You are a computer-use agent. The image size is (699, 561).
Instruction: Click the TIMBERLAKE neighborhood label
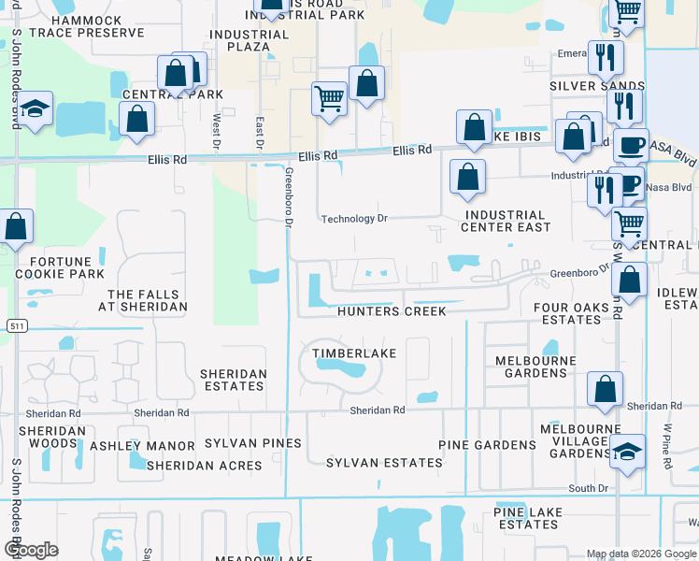[x=353, y=353]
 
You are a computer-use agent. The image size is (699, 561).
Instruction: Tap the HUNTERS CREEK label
[x=392, y=311]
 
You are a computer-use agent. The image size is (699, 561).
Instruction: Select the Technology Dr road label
[x=353, y=219]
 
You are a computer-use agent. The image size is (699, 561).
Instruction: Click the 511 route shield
[x=15, y=325]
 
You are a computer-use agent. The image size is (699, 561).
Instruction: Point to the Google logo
[x=31, y=550]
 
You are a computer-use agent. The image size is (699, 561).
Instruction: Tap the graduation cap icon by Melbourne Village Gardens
[x=627, y=453]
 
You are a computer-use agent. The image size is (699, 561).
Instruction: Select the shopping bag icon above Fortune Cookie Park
[x=16, y=227]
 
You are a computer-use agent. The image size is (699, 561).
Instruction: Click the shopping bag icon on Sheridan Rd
[x=606, y=389]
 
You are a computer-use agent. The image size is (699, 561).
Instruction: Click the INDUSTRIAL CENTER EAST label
[x=506, y=221]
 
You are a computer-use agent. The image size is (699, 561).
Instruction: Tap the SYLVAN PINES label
[x=253, y=443]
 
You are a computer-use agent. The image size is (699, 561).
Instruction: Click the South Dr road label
[x=588, y=489]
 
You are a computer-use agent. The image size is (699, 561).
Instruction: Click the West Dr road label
[x=217, y=132]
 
